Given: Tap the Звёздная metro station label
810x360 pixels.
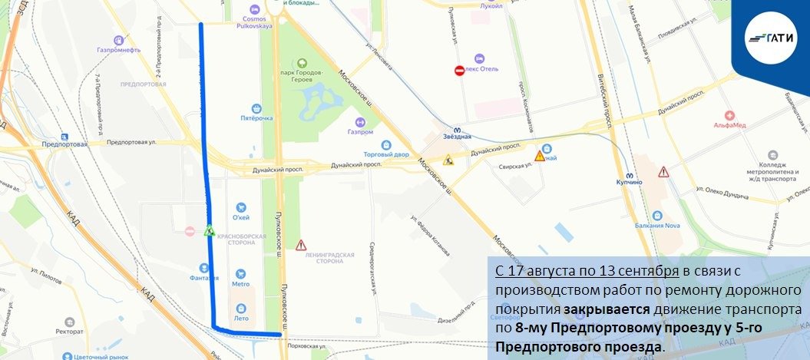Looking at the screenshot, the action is (x=458, y=137).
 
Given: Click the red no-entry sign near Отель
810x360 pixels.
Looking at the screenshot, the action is (x=459, y=71).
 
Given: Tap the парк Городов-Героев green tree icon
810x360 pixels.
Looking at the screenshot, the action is (x=302, y=63).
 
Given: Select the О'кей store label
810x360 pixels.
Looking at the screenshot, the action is (x=241, y=216).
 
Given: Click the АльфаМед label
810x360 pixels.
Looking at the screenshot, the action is (x=729, y=124).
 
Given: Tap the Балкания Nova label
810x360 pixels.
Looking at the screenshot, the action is (x=656, y=224).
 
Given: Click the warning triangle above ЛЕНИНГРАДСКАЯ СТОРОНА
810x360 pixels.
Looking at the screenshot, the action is (x=300, y=245).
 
